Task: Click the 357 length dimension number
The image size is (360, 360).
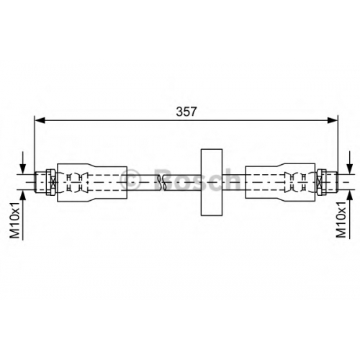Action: coord(186,112)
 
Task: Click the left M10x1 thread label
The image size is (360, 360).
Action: coord(14,220)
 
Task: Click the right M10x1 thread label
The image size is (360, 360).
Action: coord(341,220)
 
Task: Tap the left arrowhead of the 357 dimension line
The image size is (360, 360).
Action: coord(40,120)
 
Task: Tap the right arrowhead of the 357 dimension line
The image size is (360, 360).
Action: coord(333,120)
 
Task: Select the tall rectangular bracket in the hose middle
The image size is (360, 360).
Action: coord(212,182)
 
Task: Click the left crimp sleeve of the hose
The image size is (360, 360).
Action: coord(92,182)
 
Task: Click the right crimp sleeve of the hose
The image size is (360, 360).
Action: coord(280,182)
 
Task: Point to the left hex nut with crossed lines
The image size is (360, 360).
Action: coord(51,182)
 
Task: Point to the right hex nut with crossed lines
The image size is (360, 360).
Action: coord(321,182)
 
